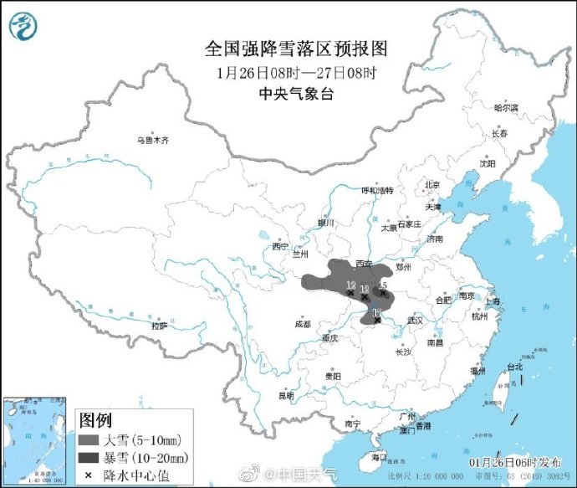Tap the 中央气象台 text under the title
click(288, 94)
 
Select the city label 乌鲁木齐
click(153, 141)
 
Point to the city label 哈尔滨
click(505, 108)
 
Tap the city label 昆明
click(287, 395)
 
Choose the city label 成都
click(302, 324)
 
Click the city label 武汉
click(415, 321)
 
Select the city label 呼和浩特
click(376, 191)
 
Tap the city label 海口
click(379, 457)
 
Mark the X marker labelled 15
click(382, 293)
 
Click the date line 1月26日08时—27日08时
click(288, 73)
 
